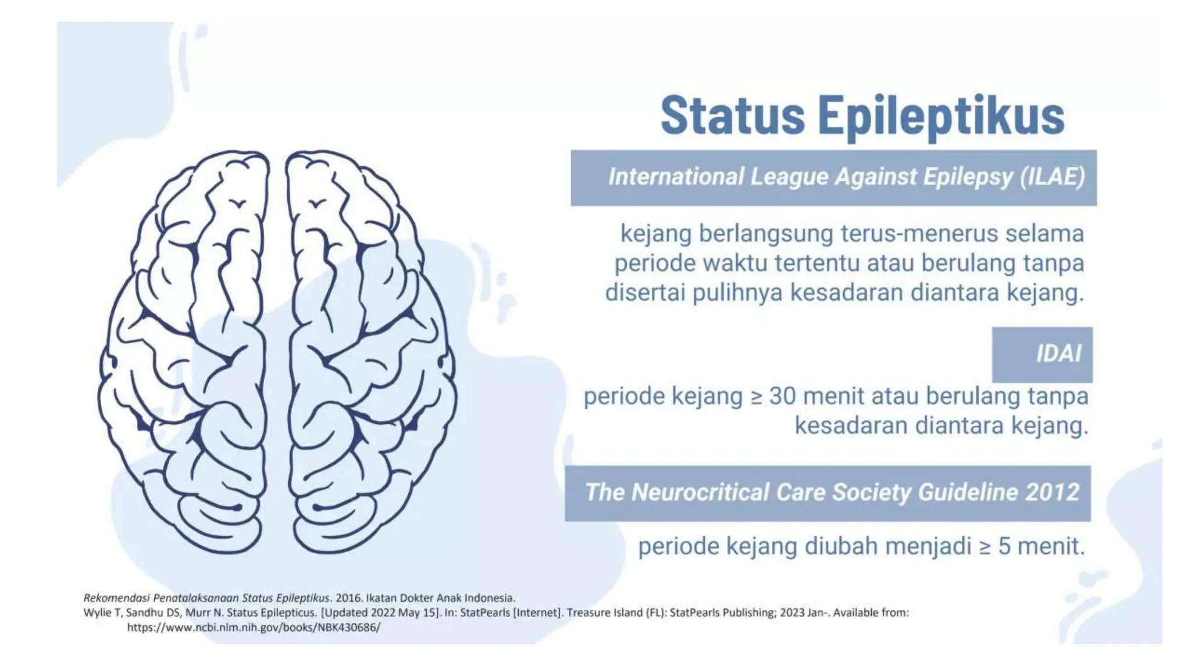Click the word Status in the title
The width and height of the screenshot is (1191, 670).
[732, 115]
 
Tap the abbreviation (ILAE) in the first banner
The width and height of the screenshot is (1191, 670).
[1053, 177]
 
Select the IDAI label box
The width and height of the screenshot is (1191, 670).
[1042, 354]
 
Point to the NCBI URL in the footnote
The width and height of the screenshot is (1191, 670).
[254, 628]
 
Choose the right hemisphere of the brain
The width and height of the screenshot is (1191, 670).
[372, 349]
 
